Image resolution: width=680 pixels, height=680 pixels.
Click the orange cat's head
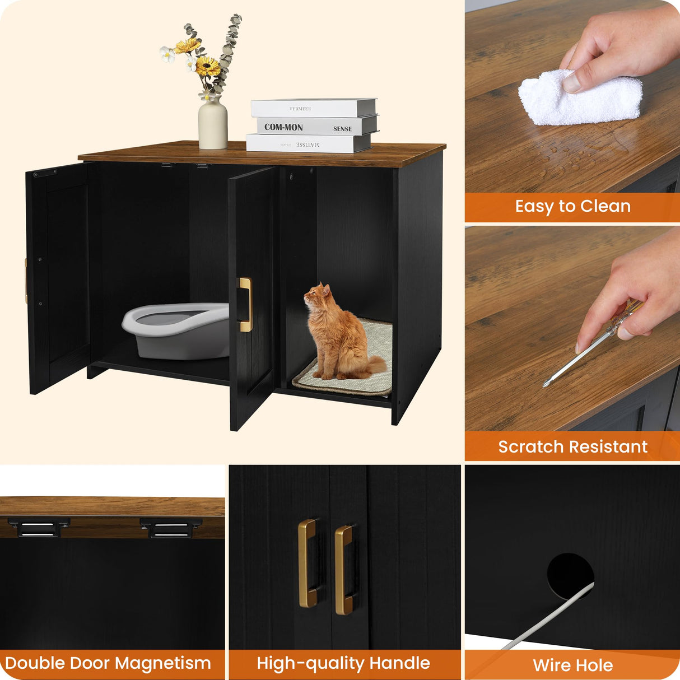point(318,294)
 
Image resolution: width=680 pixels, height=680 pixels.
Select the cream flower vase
point(213,124)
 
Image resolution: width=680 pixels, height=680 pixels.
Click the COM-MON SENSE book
point(314,127)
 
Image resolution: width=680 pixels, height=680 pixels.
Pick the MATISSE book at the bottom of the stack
point(308,144)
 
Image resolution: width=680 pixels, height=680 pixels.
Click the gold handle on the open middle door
point(246,305)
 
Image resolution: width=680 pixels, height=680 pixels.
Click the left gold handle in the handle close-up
point(307,563)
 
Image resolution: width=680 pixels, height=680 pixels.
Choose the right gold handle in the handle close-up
point(343,569)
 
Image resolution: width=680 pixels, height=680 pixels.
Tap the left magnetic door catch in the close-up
point(38,527)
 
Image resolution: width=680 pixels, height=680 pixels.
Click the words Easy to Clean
point(572,206)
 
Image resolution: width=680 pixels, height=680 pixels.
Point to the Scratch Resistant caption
point(572,446)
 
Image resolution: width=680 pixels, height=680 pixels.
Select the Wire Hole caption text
point(572,665)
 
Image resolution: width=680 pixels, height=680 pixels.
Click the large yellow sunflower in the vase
point(208,67)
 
